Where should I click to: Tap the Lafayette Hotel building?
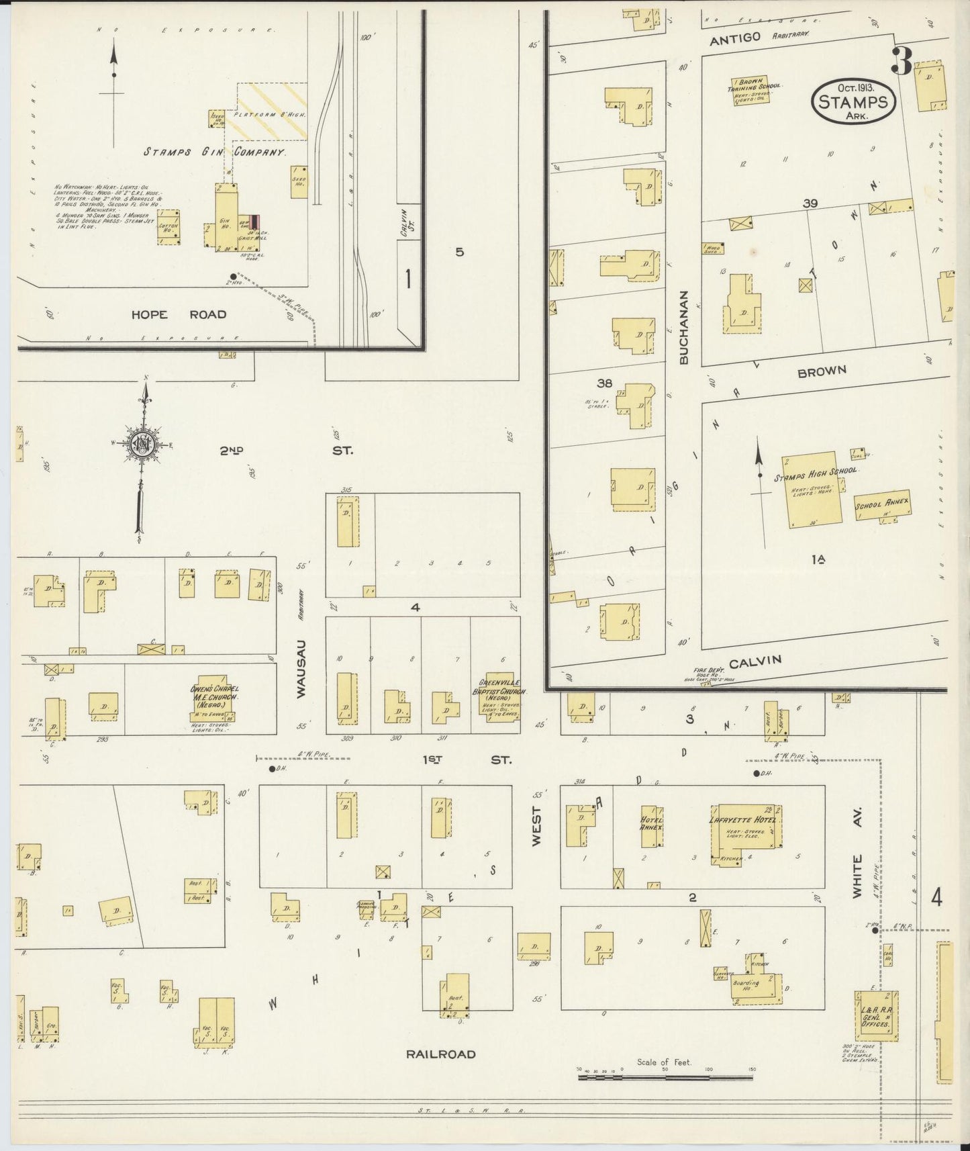tap(744, 833)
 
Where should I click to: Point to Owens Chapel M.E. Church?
tap(215, 702)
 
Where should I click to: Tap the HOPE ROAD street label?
tap(179, 314)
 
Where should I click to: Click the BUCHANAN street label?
tap(684, 327)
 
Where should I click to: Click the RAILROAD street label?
tap(440, 1054)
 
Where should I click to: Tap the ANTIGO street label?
tap(736, 38)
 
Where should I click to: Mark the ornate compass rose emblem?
tap(142, 445)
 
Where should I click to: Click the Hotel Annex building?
tap(652, 826)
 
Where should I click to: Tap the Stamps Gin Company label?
tap(215, 152)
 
